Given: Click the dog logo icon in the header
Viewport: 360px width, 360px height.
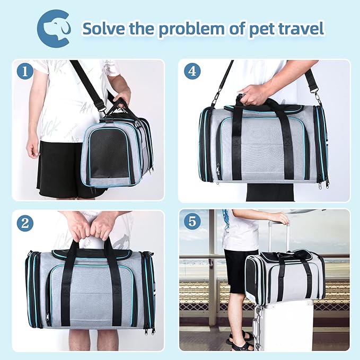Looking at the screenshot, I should pos(54,28).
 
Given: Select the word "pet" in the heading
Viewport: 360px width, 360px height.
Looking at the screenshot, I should pos(259,28).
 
